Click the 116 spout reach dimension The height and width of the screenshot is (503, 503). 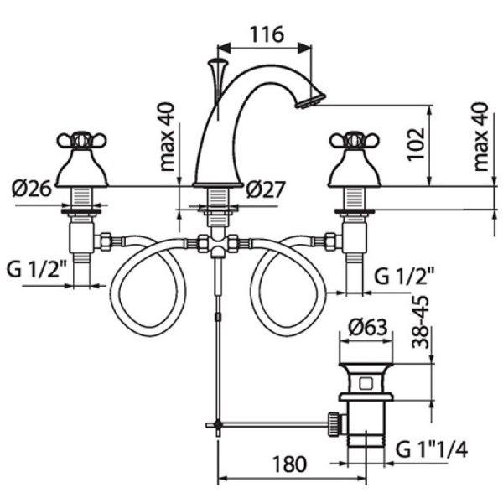267,34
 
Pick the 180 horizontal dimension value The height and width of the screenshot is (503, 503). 290,464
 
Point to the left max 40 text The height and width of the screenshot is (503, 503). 168,137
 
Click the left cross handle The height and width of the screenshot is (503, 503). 82,139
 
